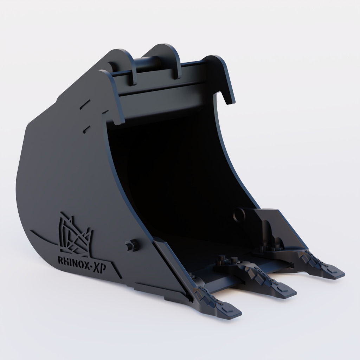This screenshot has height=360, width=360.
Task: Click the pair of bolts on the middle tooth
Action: coord(227,260)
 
